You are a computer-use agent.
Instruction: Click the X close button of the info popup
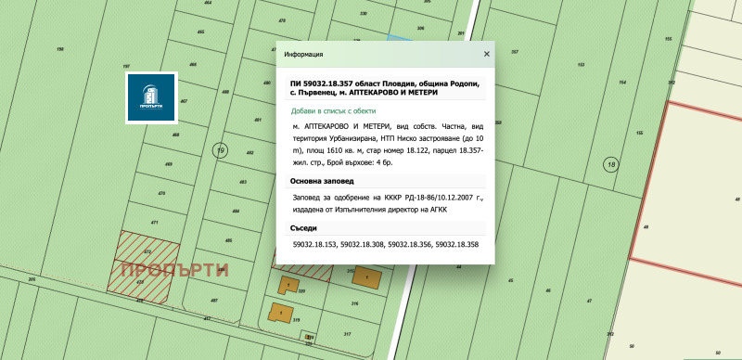click(486, 55)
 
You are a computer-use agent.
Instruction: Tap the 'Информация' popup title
click(303, 55)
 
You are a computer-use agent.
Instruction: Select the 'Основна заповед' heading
click(322, 181)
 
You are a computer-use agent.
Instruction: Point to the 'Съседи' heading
click(304, 227)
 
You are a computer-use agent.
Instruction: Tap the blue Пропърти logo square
click(151, 96)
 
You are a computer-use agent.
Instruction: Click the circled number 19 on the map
click(220, 150)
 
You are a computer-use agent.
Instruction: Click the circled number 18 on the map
click(609, 164)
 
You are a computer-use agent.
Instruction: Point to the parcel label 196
click(60, 49)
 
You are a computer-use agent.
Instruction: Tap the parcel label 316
click(355, 303)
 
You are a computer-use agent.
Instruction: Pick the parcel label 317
click(347, 333)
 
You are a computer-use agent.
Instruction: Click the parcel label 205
click(32, 278)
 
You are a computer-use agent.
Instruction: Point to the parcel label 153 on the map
click(581, 66)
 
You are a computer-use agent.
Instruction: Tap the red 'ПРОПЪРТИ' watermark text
click(174, 270)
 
